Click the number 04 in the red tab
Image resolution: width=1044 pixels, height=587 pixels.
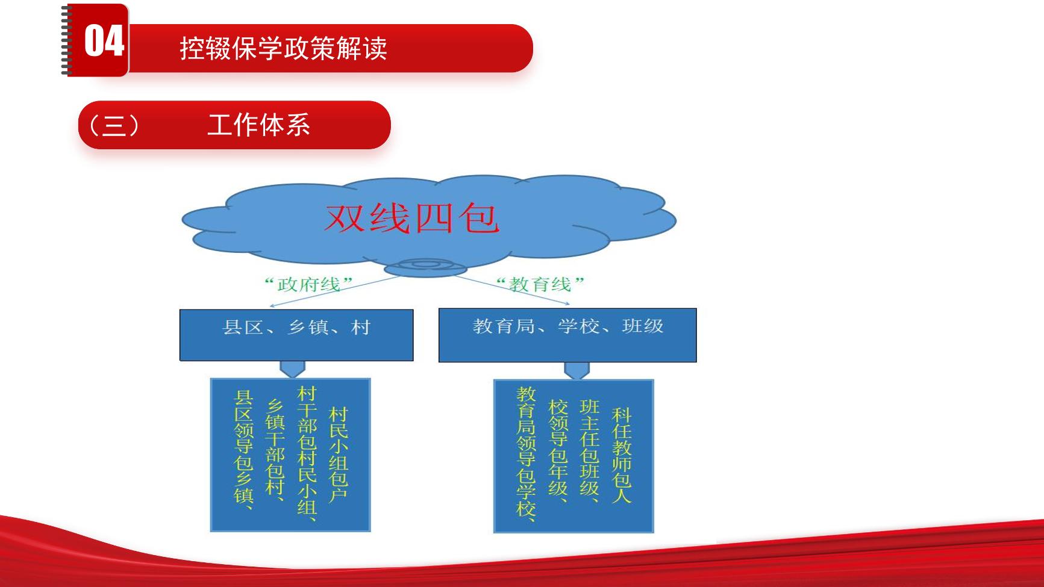pyautogui.click(x=104, y=41)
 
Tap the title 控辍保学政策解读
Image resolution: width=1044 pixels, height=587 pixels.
pyautogui.click(x=283, y=48)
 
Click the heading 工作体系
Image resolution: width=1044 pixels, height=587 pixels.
pyautogui.click(x=258, y=125)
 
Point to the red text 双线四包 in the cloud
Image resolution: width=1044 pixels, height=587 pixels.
pyautogui.click(x=412, y=218)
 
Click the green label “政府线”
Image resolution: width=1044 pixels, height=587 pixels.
pyautogui.click(x=309, y=284)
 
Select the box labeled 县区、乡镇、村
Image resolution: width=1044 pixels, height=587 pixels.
pyautogui.click(x=296, y=335)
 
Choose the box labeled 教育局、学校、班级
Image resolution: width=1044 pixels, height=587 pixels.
pyautogui.click(x=567, y=335)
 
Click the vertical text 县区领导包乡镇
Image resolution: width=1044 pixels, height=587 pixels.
pyautogui.click(x=243, y=450)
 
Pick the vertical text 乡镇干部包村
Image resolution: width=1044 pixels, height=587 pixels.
pyautogui.click(x=275, y=447)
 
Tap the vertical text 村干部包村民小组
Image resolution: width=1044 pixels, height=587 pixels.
pyautogui.click(x=307, y=453)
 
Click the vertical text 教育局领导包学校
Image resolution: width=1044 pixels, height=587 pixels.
pyautogui.click(x=527, y=453)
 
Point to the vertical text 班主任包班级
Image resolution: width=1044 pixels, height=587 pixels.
pyautogui.click(x=590, y=449)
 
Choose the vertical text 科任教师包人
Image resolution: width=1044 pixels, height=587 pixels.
pyautogui.click(x=622, y=455)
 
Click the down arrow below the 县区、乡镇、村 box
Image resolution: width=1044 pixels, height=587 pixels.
pyautogui.click(x=293, y=369)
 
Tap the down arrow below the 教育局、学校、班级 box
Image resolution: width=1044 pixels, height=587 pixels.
pyautogui.click(x=577, y=370)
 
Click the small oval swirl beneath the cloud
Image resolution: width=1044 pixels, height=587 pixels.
pyautogui.click(x=425, y=267)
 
